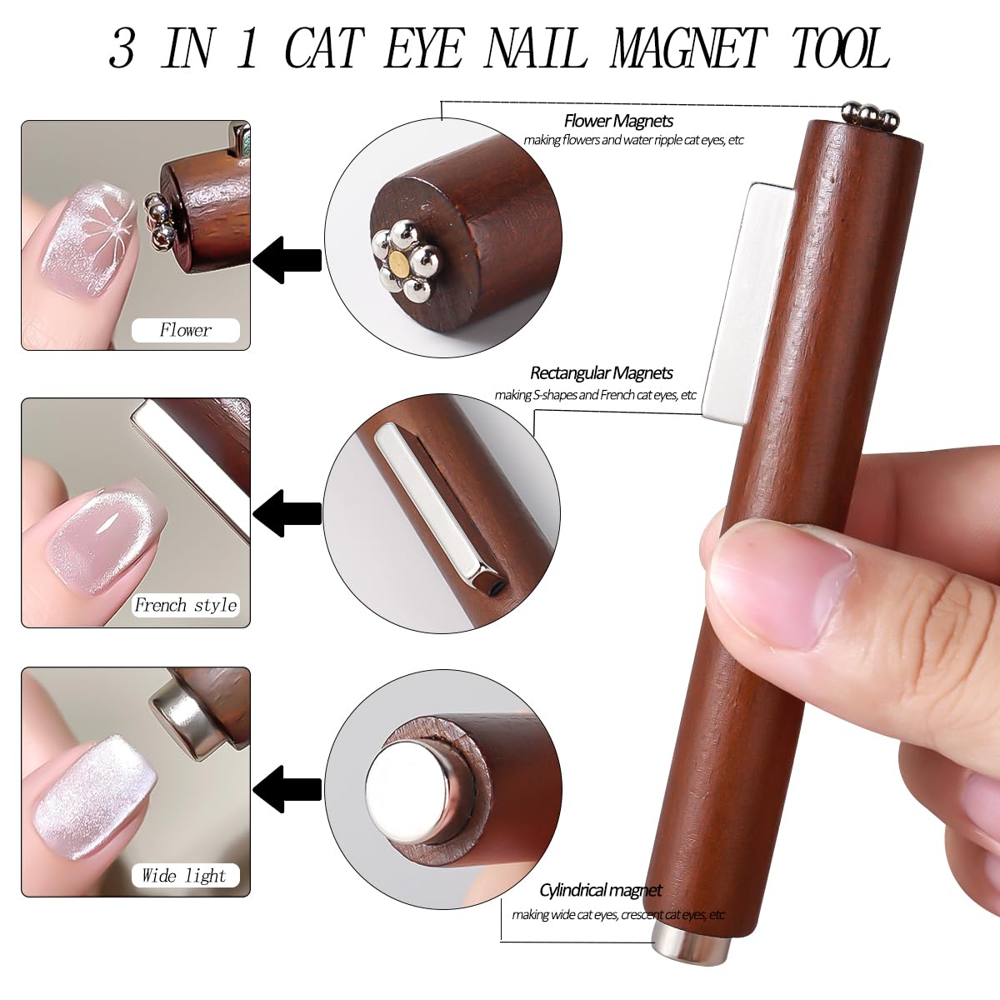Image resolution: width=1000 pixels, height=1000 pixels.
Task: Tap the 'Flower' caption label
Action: tap(185, 330)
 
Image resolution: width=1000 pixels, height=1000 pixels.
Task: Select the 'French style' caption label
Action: tap(185, 605)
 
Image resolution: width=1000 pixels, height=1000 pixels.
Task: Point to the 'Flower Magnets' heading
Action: tap(618, 122)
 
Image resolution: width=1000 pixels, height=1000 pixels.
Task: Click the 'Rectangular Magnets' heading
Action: tap(601, 373)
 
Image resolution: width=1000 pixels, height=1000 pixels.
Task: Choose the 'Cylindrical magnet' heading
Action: tap(600, 891)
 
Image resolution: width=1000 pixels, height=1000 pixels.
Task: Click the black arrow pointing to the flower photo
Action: tap(287, 260)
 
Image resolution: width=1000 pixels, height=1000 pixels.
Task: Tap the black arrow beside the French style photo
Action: tap(287, 512)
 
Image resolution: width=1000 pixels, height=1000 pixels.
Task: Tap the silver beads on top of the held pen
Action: tap(868, 113)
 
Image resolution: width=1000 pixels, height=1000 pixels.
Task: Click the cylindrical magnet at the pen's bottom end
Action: tap(692, 947)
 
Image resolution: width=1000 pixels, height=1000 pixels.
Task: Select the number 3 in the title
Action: tap(122, 49)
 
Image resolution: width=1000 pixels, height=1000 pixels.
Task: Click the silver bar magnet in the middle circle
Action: tap(429, 507)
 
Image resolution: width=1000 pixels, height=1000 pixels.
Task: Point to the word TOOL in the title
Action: tap(840, 49)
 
